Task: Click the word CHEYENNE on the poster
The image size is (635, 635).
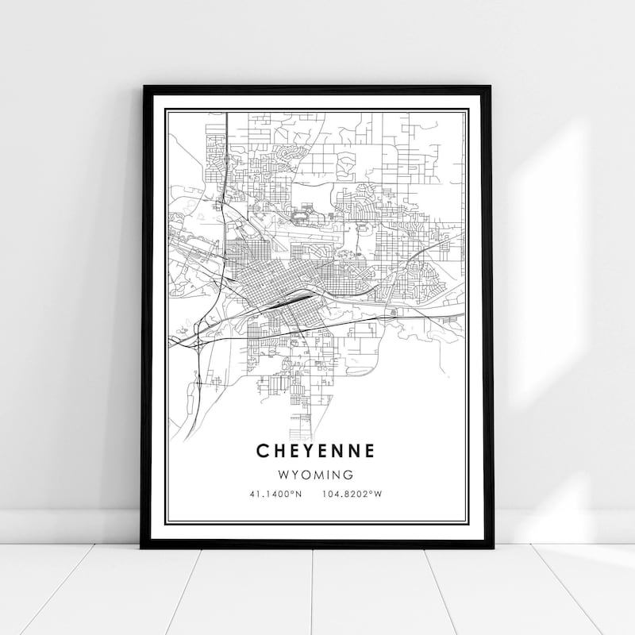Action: click(x=316, y=451)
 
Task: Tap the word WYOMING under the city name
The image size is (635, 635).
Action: click(x=316, y=475)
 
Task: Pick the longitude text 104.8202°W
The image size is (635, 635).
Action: click(x=352, y=494)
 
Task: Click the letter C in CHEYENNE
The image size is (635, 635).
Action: click(x=262, y=451)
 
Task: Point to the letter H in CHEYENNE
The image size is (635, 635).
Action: click(x=278, y=451)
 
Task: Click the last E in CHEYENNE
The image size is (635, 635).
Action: click(x=370, y=451)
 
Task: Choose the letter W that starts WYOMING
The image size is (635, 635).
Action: click(x=283, y=475)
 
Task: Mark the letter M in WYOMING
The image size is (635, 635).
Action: click(x=318, y=475)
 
